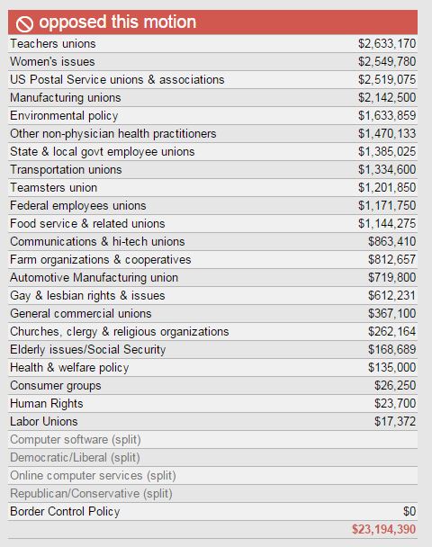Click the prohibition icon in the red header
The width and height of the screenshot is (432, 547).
click(x=24, y=23)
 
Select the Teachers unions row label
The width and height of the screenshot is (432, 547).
click(x=53, y=43)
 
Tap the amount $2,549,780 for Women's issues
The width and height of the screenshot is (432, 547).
click(x=387, y=62)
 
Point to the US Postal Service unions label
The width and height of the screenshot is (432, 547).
click(x=117, y=79)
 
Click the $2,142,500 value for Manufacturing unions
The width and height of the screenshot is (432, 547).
click(x=387, y=98)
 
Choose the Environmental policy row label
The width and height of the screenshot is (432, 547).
click(x=64, y=116)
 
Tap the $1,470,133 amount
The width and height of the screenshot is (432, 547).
click(x=387, y=134)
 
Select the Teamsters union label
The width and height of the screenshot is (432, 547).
click(x=53, y=188)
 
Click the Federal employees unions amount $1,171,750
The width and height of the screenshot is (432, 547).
click(x=387, y=206)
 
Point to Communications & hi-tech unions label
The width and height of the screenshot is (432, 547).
click(x=97, y=242)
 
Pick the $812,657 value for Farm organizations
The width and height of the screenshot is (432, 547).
click(x=391, y=259)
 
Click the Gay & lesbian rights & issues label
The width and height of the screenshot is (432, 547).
click(x=87, y=296)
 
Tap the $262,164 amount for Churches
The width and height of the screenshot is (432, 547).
click(x=391, y=332)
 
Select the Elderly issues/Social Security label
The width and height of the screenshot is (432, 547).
click(x=88, y=350)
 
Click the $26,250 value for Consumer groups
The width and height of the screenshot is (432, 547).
click(x=395, y=385)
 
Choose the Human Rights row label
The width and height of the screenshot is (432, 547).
click(x=47, y=404)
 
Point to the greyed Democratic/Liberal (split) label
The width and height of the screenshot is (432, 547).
click(x=75, y=458)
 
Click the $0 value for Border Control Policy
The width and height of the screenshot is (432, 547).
click(x=409, y=512)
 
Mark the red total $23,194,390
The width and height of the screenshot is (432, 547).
click(x=383, y=530)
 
